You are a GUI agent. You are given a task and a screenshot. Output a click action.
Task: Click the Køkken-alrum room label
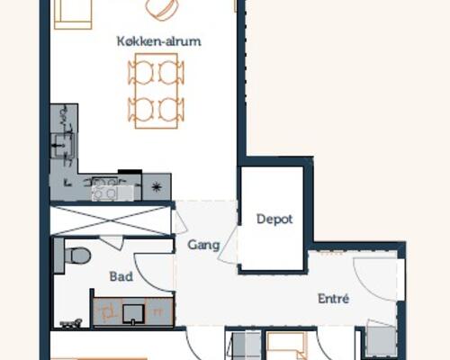158,41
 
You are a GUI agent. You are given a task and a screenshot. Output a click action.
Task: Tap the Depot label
274,219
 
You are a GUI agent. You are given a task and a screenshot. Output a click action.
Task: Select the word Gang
203,246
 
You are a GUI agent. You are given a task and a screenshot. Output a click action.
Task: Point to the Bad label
121,276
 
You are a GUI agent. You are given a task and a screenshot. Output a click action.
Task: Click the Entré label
333,299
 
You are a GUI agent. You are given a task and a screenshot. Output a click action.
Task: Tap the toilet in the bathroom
77,256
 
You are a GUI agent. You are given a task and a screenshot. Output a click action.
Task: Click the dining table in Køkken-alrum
157,91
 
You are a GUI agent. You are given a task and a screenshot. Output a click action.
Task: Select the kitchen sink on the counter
62,146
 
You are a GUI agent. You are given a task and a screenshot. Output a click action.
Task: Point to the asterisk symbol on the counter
157,187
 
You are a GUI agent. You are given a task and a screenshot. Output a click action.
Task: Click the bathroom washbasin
133,314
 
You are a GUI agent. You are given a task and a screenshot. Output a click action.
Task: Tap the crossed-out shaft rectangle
111,220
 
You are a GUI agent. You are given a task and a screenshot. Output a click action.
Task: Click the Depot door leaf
228,245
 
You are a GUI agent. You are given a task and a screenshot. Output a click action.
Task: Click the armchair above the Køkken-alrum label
160,10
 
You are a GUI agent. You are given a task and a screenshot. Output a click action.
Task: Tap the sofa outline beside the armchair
73,14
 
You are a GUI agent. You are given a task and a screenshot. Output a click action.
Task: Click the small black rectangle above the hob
130,172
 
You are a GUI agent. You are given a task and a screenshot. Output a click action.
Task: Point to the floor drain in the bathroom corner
71,323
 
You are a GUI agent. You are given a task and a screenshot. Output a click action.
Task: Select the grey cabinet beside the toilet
58,256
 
